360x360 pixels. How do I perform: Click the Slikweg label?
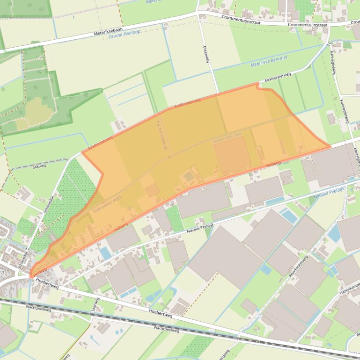click(x=39, y=166)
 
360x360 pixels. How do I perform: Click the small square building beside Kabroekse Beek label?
click(x=152, y=190)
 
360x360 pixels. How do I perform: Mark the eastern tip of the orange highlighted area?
click(x=330, y=146)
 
